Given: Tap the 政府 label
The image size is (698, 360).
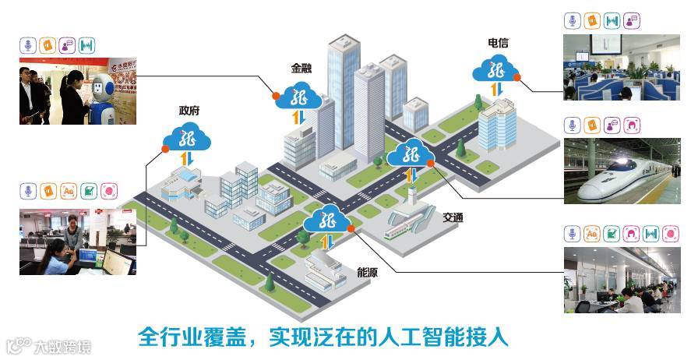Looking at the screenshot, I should pos(189,111).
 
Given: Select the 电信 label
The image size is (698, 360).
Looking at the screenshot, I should pos(498,42).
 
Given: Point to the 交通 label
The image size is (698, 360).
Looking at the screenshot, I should pos(453,217).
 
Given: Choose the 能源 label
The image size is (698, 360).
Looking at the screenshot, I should pos(367,273).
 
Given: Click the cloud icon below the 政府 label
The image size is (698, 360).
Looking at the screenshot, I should pos(187,139).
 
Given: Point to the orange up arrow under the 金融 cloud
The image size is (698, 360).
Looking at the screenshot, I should pos(295,118).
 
